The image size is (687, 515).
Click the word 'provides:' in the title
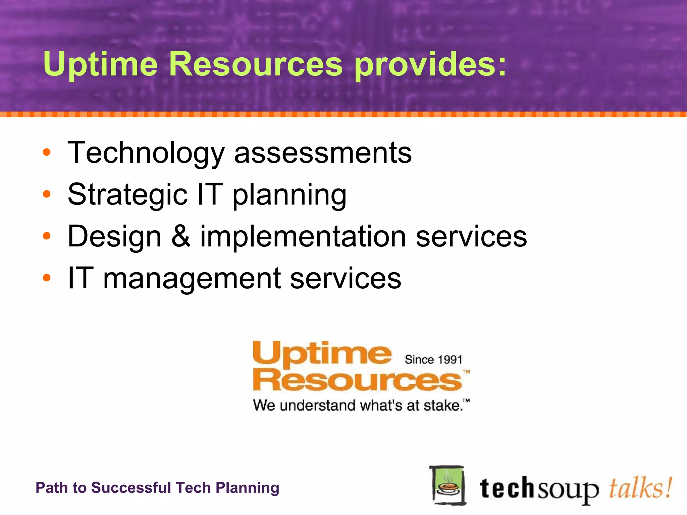tap(430, 64)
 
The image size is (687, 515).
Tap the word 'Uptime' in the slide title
tap(100, 64)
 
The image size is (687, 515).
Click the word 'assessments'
tap(323, 153)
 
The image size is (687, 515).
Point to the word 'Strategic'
tap(127, 195)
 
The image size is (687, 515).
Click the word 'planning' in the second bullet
tap(289, 195)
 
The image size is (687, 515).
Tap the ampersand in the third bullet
tap(181, 236)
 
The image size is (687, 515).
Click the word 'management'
tap(192, 279)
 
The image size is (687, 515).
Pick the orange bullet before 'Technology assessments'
tap(47, 153)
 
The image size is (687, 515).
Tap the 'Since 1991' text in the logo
tap(433, 360)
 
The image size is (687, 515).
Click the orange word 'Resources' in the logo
tap(357, 381)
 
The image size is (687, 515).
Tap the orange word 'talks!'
tap(640, 488)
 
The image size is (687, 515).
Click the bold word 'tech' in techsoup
tap(507, 489)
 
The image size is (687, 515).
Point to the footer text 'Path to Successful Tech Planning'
tap(157, 488)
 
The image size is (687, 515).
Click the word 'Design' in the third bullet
tap(115, 237)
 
